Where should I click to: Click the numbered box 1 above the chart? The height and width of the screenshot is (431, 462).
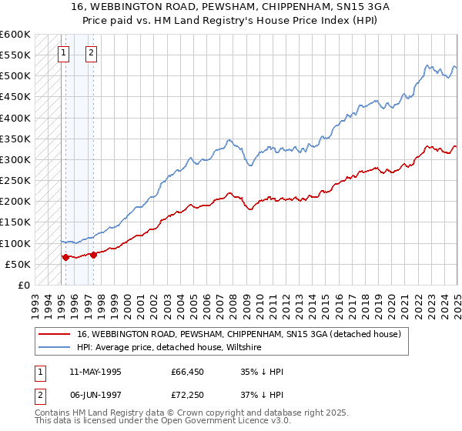tap(63, 53)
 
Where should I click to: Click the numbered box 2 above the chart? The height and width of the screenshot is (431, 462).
tap(91, 53)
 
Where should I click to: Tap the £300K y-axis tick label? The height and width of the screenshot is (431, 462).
tap(15, 160)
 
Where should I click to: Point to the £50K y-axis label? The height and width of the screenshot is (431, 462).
tap(18, 264)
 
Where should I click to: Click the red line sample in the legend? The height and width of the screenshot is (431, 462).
tap(55, 335)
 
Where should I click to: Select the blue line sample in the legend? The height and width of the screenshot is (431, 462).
tap(55, 348)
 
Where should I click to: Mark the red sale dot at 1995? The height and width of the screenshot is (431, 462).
tap(65, 257)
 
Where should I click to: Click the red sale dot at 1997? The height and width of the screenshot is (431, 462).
tap(93, 255)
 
